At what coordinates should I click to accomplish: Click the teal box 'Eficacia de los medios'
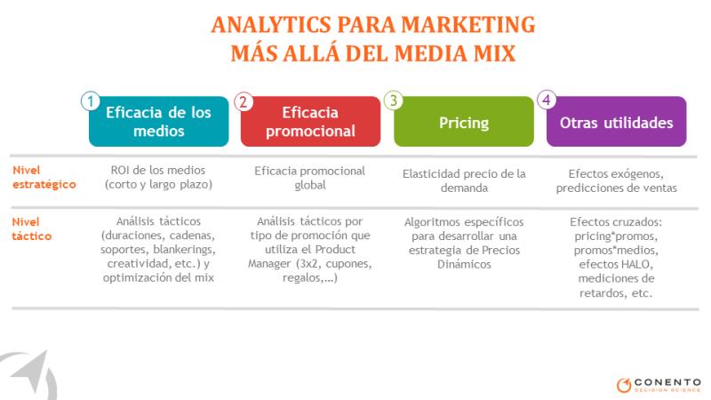point(159,122)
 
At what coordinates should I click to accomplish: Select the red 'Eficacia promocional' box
point(310,122)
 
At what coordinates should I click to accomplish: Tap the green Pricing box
point(464,122)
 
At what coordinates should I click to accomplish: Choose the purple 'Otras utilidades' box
point(616,122)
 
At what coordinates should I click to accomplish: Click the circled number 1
point(91,101)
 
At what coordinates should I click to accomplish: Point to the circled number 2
point(244,101)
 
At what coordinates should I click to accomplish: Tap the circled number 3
point(394,100)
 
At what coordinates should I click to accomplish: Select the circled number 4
point(547,100)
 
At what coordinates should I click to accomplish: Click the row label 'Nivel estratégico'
point(44,177)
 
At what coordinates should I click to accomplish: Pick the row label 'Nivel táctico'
point(32,229)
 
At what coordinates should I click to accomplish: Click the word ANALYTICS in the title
point(271,25)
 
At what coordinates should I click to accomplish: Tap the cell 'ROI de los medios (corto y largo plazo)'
point(158,177)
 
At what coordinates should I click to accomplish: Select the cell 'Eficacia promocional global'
point(310,178)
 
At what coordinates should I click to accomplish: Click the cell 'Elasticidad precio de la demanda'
point(464,181)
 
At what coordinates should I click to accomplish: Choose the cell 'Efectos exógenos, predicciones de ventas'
point(616,181)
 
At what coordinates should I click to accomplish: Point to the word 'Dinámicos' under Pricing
point(464,264)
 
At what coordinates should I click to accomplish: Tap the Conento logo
point(659,385)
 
